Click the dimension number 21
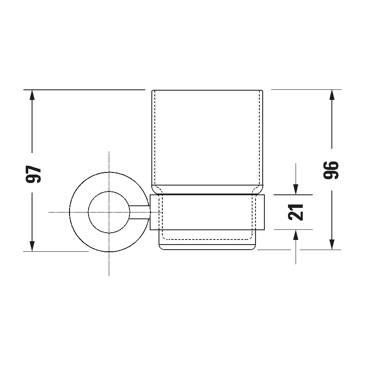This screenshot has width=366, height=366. (x=297, y=212)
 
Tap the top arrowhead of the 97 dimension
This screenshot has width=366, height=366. (x=32, y=95)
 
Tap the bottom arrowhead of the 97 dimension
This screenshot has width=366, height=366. (x=32, y=245)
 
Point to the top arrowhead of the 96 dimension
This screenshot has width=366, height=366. (x=332, y=95)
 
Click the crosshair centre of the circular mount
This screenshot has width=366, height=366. (x=109, y=212)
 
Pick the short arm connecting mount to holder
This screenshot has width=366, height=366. (x=140, y=212)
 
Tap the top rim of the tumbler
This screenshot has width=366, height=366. (x=207, y=90)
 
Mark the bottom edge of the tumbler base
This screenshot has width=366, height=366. (x=207, y=250)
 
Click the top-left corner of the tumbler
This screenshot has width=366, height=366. (x=152, y=91)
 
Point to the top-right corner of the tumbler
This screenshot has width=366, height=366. (x=262, y=91)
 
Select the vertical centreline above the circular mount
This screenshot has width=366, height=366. (x=109, y=160)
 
